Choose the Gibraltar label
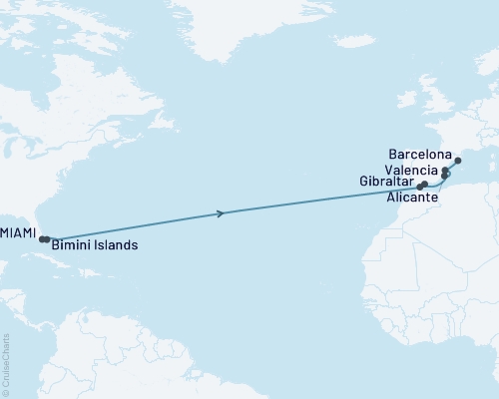[x=384, y=183]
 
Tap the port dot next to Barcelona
[x=457, y=161]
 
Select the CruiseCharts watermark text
[x=6, y=363]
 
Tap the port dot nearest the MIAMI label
[x=41, y=238]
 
